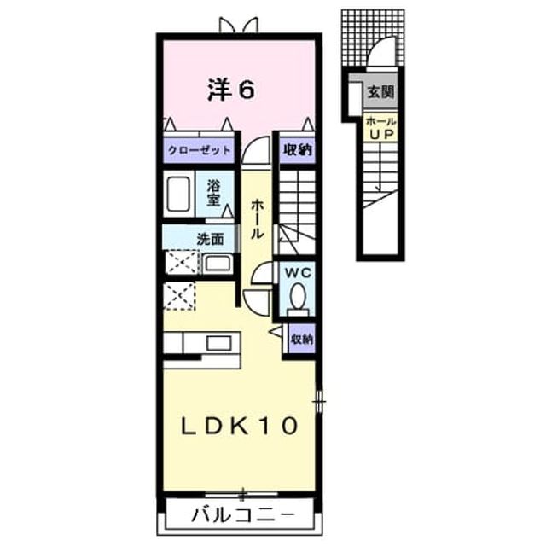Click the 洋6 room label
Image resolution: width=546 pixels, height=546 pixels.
[x=231, y=90]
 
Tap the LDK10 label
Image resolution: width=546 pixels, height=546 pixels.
[x=240, y=426]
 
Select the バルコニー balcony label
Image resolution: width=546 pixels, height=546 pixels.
[x=243, y=514]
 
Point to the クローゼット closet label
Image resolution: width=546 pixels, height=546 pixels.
[x=199, y=150]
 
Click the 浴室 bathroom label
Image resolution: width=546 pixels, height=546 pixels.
[x=213, y=194]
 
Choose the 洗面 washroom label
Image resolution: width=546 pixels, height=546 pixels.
[x=210, y=239]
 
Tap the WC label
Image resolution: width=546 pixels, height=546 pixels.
[x=298, y=273]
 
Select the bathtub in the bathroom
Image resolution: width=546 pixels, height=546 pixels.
[x=178, y=194]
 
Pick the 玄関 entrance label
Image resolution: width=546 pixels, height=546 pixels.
[x=380, y=92]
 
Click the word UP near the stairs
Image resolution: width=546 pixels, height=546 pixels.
[x=381, y=134]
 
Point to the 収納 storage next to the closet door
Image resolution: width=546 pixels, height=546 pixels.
[x=298, y=150]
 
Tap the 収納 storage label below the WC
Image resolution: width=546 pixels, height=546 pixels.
[x=302, y=339]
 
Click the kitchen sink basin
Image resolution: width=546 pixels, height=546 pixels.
[x=218, y=343]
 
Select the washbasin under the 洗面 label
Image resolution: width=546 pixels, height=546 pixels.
[x=218, y=264]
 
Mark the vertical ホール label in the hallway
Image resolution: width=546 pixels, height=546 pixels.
[x=257, y=218]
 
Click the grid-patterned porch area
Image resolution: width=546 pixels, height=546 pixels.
[x=373, y=38]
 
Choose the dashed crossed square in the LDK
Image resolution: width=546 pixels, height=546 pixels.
[x=179, y=296]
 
